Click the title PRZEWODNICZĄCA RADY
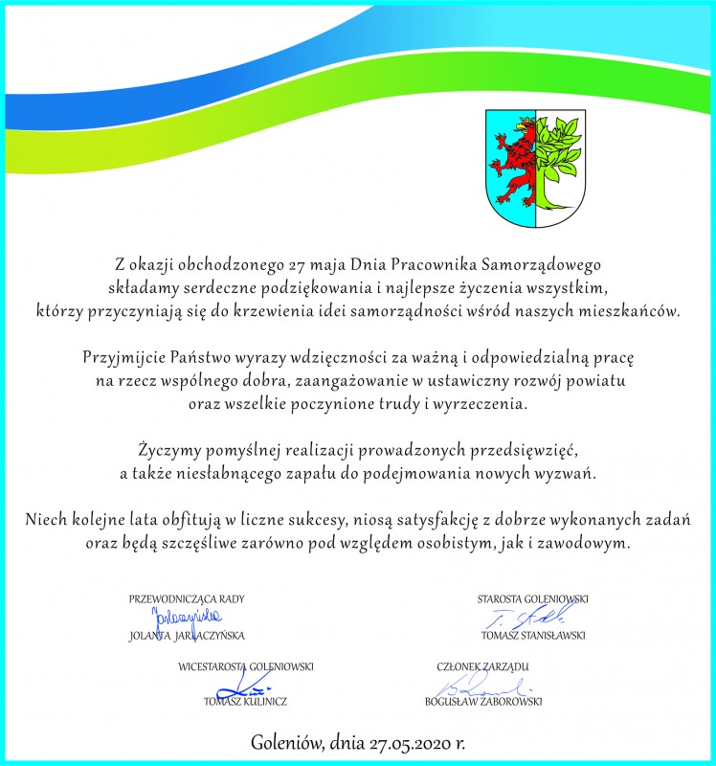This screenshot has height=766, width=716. point(187,599)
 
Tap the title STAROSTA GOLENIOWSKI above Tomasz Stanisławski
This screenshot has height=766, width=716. point(532,599)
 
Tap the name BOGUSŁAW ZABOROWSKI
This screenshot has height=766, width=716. point(483,700)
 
